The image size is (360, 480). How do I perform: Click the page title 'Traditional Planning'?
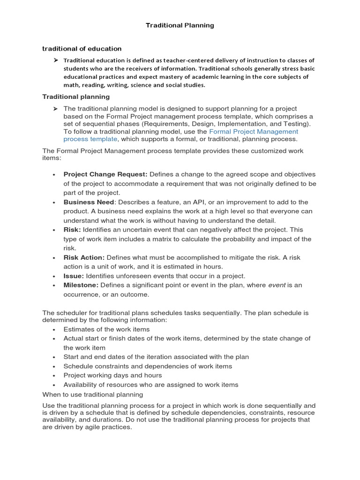point(180,25)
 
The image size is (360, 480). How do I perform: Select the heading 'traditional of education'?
point(82,48)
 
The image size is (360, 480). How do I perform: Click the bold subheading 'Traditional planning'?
point(76,97)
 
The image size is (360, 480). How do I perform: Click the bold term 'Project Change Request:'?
point(105,174)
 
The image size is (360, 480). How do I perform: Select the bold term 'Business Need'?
point(89,202)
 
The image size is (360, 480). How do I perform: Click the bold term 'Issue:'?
point(74,276)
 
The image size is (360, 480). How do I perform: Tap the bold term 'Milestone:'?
point(81,285)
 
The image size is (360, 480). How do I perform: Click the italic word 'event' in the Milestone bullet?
point(277,285)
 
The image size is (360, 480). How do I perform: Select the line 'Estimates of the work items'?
point(106,329)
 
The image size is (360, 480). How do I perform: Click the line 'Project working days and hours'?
point(112,375)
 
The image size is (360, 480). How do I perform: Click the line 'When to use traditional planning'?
point(92,394)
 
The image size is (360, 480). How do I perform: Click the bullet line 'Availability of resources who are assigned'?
point(151,384)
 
